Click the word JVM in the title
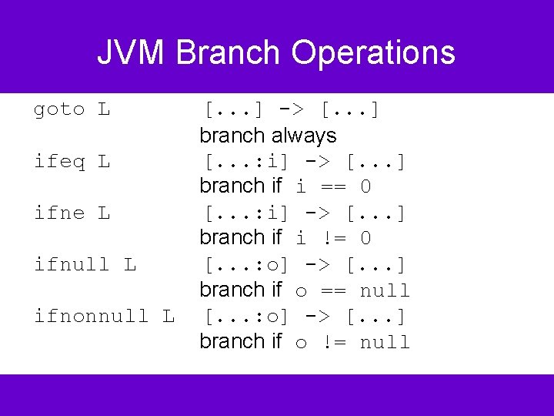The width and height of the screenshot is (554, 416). click(x=131, y=53)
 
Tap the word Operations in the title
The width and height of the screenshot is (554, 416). click(x=373, y=53)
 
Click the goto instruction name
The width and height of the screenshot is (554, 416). click(x=59, y=110)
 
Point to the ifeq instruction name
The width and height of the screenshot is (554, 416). click(x=59, y=162)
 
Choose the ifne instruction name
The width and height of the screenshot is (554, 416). click(x=59, y=213)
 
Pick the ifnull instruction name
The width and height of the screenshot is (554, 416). click(x=72, y=265)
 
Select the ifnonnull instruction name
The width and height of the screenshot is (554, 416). click(x=92, y=317)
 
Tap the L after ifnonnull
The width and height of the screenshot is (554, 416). click(x=169, y=317)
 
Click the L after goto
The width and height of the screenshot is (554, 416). click(x=104, y=110)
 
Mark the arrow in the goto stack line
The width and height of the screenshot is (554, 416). click(x=297, y=110)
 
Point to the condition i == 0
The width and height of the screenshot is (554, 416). click(x=333, y=187)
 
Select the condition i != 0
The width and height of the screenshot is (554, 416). click(x=333, y=239)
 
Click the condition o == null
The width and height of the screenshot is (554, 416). click(x=352, y=290)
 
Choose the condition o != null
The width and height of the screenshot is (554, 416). click(x=352, y=342)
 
